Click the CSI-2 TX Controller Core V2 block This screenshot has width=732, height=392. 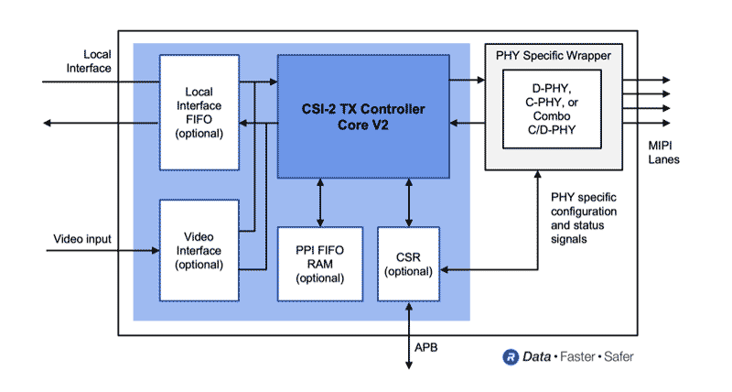363,116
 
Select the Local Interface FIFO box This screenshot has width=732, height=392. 199,112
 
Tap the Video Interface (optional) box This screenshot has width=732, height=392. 199,250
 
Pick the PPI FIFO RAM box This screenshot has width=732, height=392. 319,264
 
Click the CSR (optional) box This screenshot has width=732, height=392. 408,264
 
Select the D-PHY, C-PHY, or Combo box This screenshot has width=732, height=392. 551,108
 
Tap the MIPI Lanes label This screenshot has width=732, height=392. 652,151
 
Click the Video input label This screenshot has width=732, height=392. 81,239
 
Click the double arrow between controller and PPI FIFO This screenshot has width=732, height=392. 319,202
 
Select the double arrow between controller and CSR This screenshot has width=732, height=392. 408,202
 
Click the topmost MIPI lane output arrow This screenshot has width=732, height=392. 646,81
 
